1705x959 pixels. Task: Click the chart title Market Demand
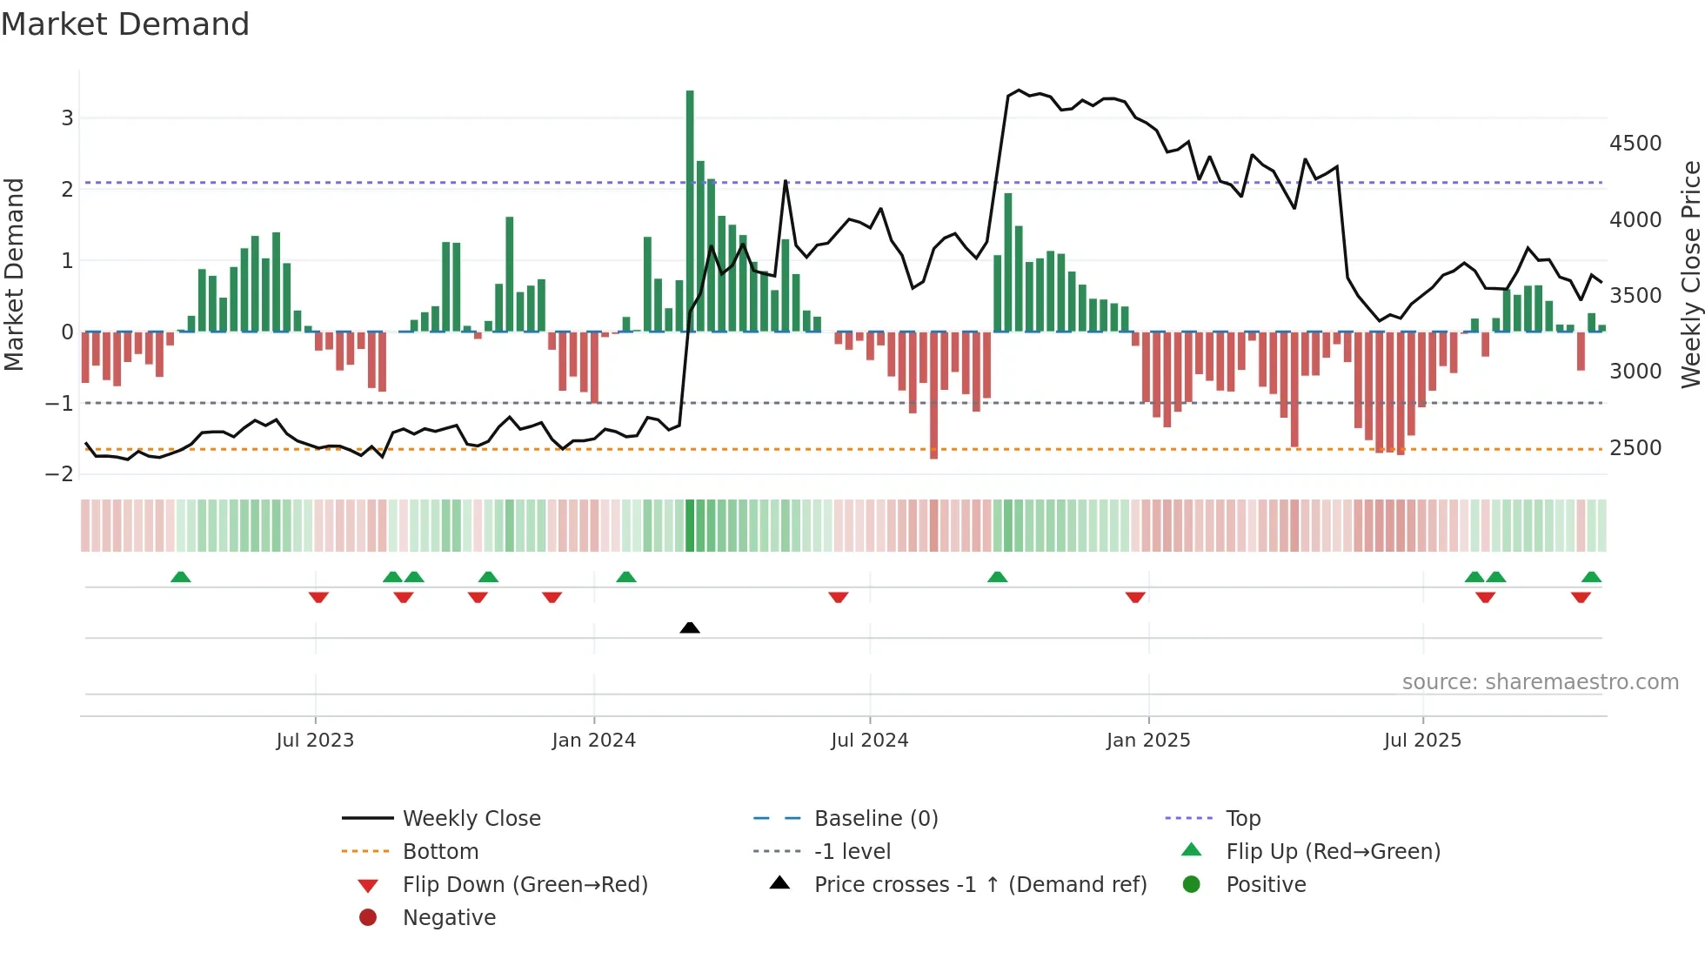(125, 24)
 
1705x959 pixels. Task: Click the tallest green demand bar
(690, 209)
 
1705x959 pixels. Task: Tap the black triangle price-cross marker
(690, 627)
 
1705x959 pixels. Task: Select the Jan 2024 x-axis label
(593, 741)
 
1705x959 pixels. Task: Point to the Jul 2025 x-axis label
(1422, 741)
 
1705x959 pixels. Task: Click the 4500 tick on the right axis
(1635, 144)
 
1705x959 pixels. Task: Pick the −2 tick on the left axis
(60, 474)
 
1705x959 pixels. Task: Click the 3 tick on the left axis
(67, 117)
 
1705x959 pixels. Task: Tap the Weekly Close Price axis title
(1690, 274)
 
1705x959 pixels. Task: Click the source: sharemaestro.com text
(1540, 682)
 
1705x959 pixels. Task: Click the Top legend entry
(1242, 819)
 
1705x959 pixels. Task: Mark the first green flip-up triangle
(181, 577)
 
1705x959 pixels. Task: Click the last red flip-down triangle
(1581, 597)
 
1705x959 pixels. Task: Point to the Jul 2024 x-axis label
(869, 741)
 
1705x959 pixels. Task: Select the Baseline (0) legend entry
(875, 819)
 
